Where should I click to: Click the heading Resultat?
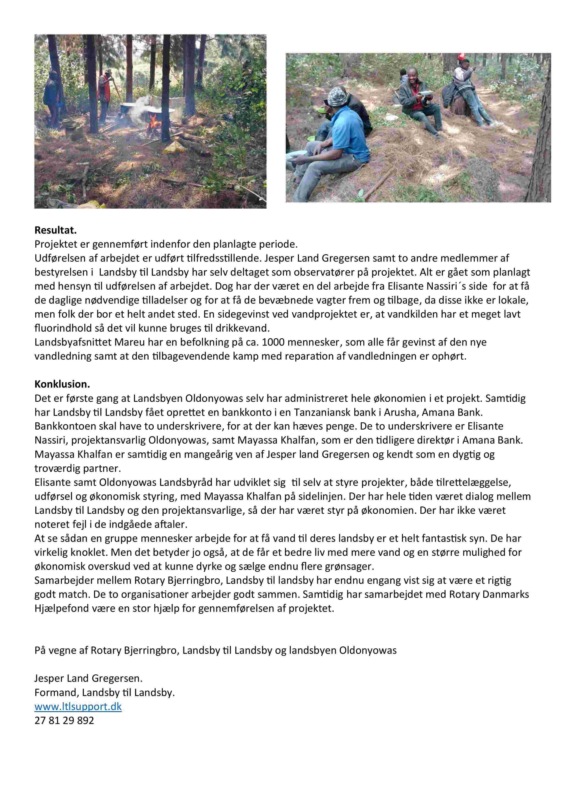(x=55, y=230)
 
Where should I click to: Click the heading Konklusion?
(x=62, y=384)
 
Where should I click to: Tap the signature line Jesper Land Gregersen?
(x=88, y=678)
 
